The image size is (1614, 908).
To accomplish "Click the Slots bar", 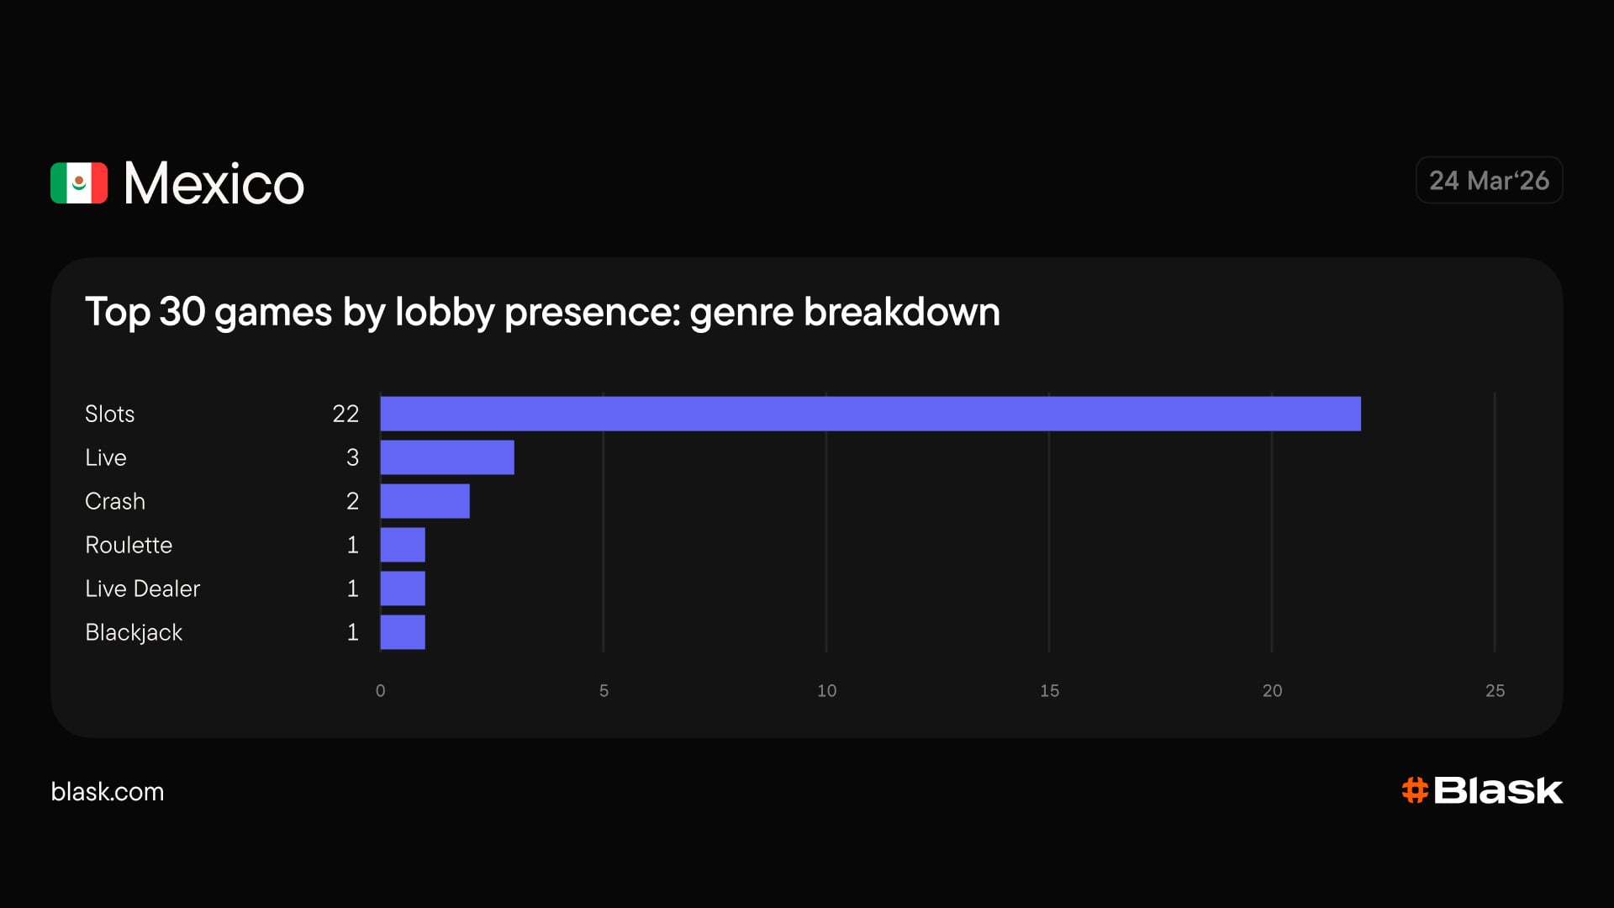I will pyautogui.click(x=870, y=414).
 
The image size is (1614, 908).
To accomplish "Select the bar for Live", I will pyautogui.click(x=447, y=457).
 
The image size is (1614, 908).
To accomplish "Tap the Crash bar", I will pyautogui.click(x=425, y=501).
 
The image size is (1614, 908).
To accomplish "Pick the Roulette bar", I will pyautogui.click(x=403, y=545).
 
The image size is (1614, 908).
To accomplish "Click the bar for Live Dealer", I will pyautogui.click(x=403, y=589).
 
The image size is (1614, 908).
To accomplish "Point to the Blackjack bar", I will pyautogui.click(x=403, y=632).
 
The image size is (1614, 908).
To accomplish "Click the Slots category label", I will pyautogui.click(x=109, y=414).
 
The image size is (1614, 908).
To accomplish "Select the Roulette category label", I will pyautogui.click(x=129, y=545).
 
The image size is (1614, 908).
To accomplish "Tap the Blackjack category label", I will pyautogui.click(x=134, y=632).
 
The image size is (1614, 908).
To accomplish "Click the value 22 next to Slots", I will pyautogui.click(x=345, y=414).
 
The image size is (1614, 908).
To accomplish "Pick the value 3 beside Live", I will pyautogui.click(x=352, y=457).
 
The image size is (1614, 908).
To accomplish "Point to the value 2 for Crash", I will pyautogui.click(x=352, y=501).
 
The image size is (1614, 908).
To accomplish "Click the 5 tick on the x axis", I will pyautogui.click(x=604, y=690).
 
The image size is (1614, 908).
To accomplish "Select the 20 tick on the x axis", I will pyautogui.click(x=1272, y=690).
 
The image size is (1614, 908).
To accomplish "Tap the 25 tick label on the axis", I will pyautogui.click(x=1495, y=690).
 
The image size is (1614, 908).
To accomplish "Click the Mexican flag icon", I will pyautogui.click(x=79, y=182).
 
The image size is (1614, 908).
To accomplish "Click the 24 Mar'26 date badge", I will pyautogui.click(x=1489, y=180).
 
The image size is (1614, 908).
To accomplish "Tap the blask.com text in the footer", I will pyautogui.click(x=108, y=791).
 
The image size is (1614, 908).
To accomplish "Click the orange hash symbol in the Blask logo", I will pyautogui.click(x=1415, y=790).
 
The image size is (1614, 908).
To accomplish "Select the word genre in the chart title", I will pyautogui.click(x=741, y=312).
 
